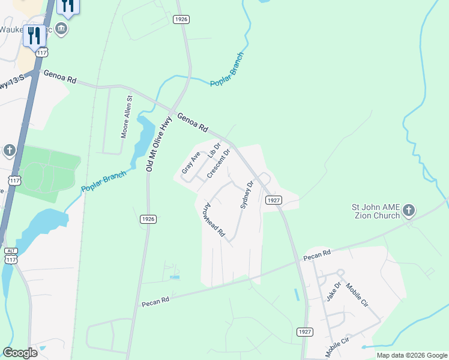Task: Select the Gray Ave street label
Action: point(191,163)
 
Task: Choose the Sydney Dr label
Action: point(246,194)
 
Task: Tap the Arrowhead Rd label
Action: point(213,218)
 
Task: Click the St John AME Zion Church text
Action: point(376,211)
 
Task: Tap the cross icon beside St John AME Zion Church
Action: point(409,210)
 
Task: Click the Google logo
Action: point(20,353)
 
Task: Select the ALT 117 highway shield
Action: point(10,255)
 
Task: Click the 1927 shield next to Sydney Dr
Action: point(272,200)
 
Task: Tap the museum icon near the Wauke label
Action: point(61,29)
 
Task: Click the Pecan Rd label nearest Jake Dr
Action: point(316,255)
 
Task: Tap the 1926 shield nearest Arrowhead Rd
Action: point(149,219)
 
